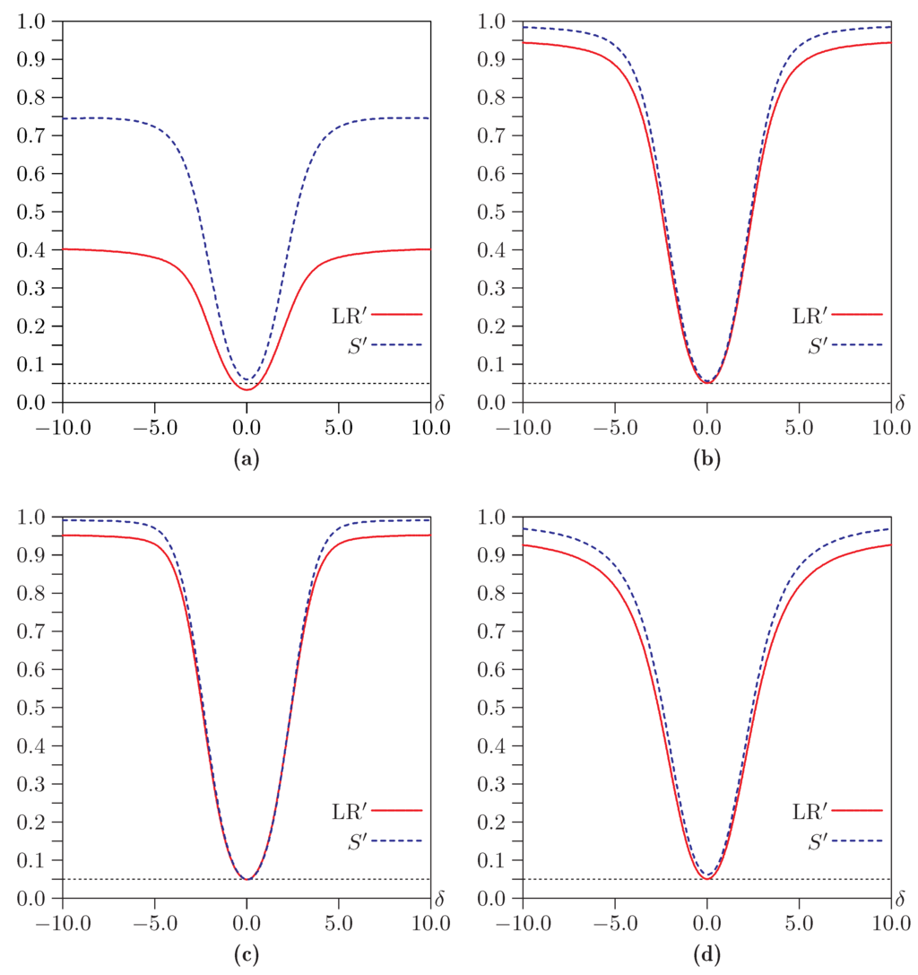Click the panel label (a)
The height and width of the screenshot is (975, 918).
point(246,461)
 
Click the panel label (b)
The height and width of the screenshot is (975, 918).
point(706,461)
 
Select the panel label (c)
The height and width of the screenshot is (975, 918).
point(246,956)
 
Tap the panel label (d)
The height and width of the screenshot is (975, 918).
point(706,956)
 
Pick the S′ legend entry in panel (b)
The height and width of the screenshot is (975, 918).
point(838,344)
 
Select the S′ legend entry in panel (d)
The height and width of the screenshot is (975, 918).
point(838,840)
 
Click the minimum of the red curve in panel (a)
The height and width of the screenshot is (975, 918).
point(247,389)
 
